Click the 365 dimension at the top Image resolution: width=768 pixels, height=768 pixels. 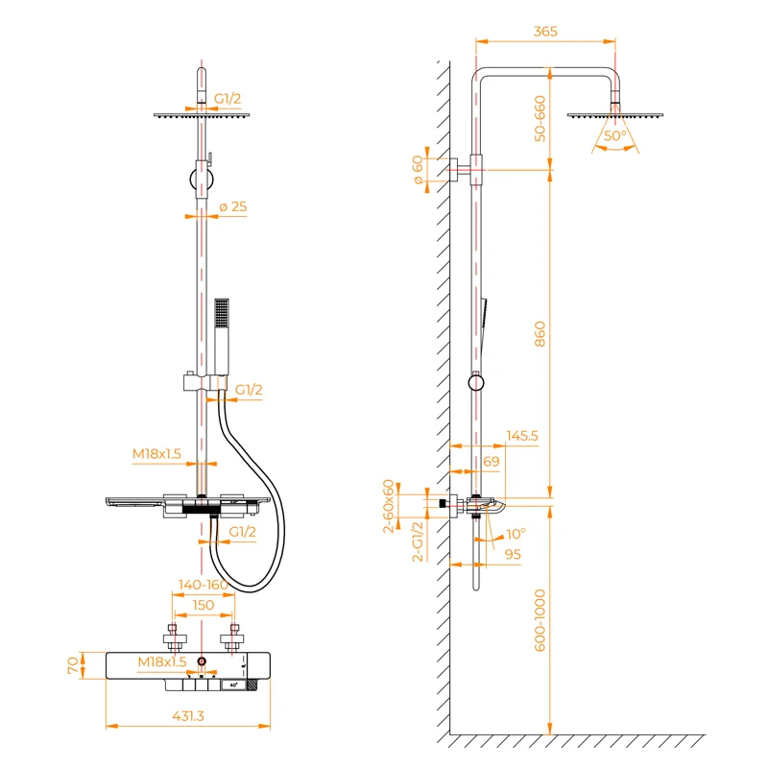pos(544,32)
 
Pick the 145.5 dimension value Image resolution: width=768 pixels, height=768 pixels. pos(521,435)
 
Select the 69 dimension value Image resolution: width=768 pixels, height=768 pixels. pos(491,462)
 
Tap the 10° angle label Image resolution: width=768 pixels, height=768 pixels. pos(516,533)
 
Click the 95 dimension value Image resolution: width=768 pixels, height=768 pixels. pos(512,554)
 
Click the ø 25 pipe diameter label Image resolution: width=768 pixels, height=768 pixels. pos(233,207)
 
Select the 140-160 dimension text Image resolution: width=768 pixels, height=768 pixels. pos(203,584)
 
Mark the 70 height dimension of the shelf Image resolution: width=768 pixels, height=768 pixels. pos(72,664)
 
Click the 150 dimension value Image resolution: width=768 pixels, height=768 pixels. pos(203,605)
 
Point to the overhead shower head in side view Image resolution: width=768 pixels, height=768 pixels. pos(612,114)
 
